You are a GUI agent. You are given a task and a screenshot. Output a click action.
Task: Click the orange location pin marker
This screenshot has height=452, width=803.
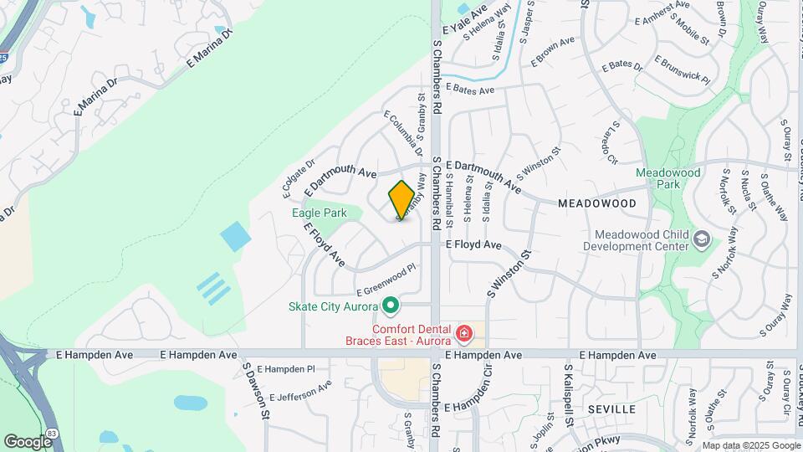point(401,200)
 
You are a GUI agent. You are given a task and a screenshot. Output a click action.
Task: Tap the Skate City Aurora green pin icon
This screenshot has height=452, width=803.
point(390,305)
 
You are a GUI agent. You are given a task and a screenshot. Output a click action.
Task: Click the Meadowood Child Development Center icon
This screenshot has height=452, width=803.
point(701,241)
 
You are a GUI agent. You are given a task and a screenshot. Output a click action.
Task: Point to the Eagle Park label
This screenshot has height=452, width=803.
point(319,213)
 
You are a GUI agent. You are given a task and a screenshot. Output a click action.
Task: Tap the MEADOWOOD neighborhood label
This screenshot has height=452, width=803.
point(597,203)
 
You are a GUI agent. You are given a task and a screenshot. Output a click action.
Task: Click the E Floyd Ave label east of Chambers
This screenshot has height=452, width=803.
point(473,244)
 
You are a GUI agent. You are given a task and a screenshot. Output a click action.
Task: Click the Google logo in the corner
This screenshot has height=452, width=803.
point(27,441)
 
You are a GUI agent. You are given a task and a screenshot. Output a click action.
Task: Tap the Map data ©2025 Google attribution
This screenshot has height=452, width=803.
point(750,445)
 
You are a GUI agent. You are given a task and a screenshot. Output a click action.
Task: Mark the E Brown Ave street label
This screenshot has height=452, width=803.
point(553,50)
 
